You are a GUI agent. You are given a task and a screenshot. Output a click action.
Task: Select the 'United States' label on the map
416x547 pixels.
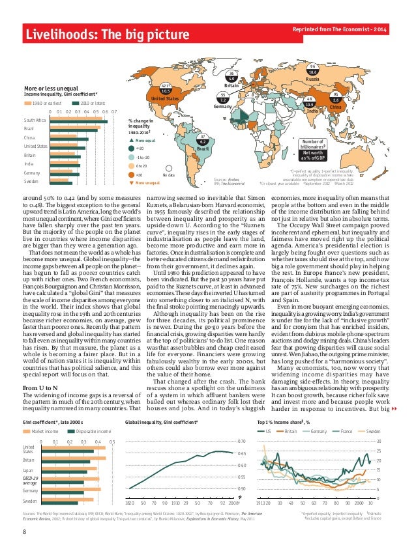164,98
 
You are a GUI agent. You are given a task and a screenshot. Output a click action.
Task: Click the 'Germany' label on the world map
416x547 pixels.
222,107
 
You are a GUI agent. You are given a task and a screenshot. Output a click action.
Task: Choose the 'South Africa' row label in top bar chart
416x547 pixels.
35,121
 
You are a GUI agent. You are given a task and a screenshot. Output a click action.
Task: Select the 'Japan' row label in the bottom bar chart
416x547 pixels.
27,470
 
